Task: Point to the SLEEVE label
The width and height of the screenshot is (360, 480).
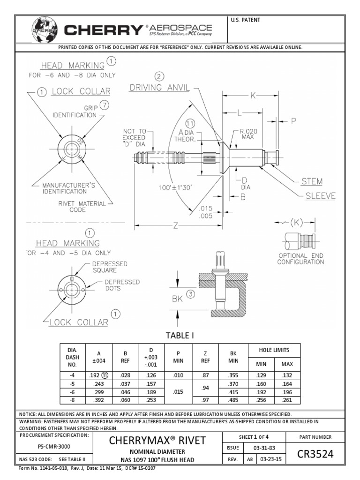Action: click(320, 196)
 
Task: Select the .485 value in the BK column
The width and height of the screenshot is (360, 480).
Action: click(234, 399)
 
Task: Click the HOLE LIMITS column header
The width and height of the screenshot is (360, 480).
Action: click(274, 350)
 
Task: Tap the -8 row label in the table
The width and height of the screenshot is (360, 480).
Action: click(72, 399)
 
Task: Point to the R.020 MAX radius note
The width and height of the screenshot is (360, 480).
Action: click(248, 134)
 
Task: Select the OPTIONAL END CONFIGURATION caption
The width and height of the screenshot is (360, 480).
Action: click(300, 258)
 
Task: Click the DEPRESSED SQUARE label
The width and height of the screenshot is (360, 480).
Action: click(109, 267)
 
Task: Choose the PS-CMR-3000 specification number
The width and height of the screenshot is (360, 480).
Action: click(54, 447)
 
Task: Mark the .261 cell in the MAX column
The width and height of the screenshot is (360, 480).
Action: click(287, 399)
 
